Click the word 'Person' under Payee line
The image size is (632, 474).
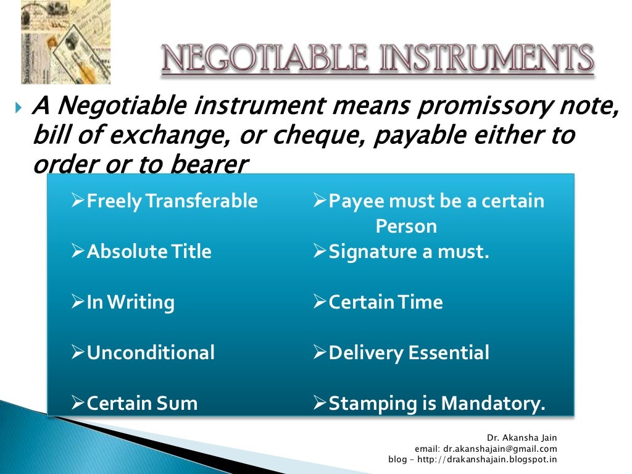406,226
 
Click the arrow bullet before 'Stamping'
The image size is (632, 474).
320,404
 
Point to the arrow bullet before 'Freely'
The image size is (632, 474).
78,201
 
